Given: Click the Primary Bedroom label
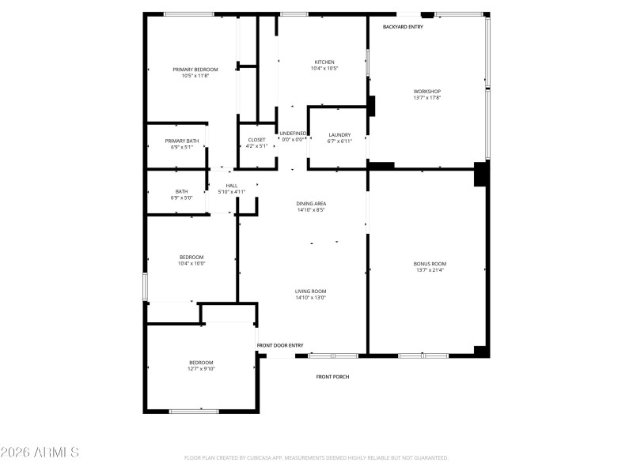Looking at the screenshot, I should click(x=195, y=70).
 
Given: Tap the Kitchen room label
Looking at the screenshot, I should click(x=324, y=62).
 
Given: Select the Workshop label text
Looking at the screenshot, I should click(x=426, y=92).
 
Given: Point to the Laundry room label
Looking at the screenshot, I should click(x=339, y=134).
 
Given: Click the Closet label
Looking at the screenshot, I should click(x=257, y=140).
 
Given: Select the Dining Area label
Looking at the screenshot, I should click(x=311, y=203).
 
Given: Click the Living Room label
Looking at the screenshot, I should click(x=311, y=291).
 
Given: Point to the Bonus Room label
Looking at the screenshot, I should click(x=430, y=263).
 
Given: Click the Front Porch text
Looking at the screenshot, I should click(x=332, y=377).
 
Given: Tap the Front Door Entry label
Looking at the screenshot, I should click(x=280, y=345).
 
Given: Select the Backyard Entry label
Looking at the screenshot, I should click(x=403, y=27).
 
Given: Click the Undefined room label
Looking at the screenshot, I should click(x=293, y=133).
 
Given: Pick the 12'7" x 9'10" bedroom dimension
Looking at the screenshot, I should click(x=201, y=369).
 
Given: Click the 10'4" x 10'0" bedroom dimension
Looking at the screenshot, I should click(x=191, y=264).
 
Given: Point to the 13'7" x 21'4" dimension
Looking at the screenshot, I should click(x=430, y=270).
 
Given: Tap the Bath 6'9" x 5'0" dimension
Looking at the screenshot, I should click(x=181, y=197).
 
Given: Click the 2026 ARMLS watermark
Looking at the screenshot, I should click(x=40, y=453).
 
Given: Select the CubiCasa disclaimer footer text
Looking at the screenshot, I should click(x=316, y=457).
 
